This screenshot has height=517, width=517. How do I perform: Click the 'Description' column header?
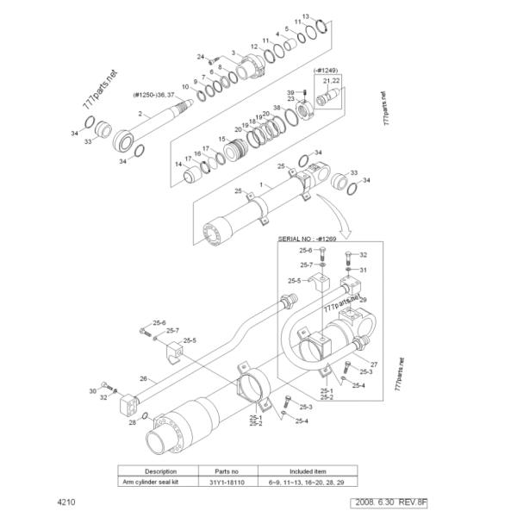160,471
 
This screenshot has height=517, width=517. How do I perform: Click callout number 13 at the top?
305,17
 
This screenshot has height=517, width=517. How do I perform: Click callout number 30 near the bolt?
92,391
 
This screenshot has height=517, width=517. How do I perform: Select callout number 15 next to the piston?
221,139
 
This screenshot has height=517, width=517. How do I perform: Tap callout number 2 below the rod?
140,113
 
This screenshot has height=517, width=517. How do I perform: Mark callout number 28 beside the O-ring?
132,422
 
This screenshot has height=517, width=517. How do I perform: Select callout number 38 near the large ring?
277,108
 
